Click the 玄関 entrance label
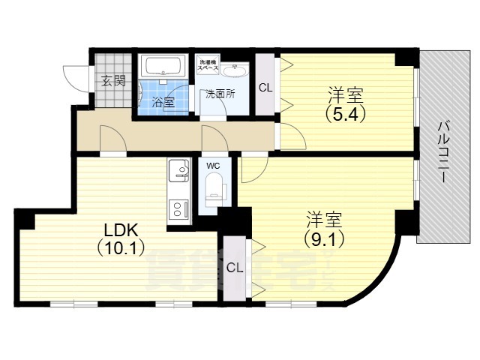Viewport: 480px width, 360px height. tap(114, 81)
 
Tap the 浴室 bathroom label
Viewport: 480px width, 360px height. tap(163, 101)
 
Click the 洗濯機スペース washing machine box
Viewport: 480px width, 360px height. tap(208, 66)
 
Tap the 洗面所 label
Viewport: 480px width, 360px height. tap(221, 94)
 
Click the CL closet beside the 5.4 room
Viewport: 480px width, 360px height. tap(265, 87)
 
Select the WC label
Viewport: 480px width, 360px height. tap(213, 165)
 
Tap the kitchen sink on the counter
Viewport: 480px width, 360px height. tap(178, 172)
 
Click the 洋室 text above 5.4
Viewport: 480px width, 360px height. tap(345, 96)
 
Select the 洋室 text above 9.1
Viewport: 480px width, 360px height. tap(324, 220)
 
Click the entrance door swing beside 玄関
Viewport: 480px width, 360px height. tap(75, 76)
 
